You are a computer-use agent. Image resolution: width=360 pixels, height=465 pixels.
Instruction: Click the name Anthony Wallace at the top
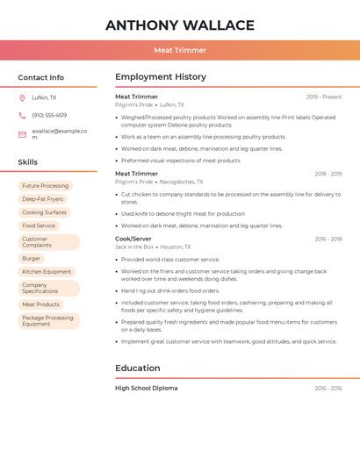coord(180,25)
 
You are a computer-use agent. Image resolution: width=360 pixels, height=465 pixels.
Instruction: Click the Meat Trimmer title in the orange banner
coord(180,51)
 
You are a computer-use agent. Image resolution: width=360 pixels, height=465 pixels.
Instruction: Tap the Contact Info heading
coord(41,77)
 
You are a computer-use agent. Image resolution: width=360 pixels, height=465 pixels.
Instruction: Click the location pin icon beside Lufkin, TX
coord(22,98)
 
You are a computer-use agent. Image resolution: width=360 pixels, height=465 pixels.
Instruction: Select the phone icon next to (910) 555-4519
coord(22,116)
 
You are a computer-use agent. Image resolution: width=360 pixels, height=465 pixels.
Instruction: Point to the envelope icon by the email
coord(22,134)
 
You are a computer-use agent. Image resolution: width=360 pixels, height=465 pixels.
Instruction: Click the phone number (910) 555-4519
coord(49,116)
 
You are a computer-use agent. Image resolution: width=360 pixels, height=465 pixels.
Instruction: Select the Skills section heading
coord(28,162)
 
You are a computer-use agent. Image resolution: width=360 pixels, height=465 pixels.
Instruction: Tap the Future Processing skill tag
coord(45,186)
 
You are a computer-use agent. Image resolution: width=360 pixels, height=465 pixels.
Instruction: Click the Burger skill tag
coord(32,259)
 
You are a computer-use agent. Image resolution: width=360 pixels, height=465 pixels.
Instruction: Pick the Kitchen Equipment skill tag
coord(47,272)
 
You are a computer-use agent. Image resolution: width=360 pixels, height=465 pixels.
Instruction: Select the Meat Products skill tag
coord(40,304)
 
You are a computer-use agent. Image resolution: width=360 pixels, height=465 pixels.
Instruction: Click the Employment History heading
coord(161,76)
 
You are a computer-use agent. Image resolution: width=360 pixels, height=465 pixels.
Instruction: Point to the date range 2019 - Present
coord(324,97)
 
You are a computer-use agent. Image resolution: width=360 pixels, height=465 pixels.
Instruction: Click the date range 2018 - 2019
coord(328,174)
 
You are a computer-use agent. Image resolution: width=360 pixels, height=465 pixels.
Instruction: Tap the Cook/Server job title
coord(133,239)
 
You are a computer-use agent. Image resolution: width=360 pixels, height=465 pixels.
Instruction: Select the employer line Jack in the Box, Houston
coord(153,247)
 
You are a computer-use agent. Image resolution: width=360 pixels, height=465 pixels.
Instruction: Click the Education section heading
coord(138,368)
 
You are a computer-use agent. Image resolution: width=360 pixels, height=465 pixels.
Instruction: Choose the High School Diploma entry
coord(147,388)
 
